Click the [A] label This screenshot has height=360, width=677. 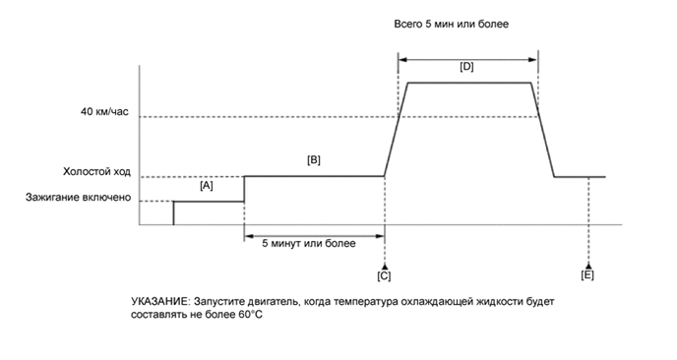point(207,185)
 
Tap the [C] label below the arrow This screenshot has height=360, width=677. point(384,277)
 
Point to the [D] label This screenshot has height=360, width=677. point(467,67)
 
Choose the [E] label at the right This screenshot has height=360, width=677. point(587,277)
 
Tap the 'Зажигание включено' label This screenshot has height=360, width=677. point(79,198)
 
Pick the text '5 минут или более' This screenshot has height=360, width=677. point(313,242)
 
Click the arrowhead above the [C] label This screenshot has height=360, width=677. point(384,266)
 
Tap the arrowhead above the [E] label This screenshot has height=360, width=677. point(588,266)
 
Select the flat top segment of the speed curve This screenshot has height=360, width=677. point(469,84)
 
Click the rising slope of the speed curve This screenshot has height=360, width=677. point(396,128)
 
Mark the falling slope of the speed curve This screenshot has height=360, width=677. point(544,128)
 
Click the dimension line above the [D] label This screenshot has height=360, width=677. point(467,56)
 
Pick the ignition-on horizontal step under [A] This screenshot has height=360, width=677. point(209,202)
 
